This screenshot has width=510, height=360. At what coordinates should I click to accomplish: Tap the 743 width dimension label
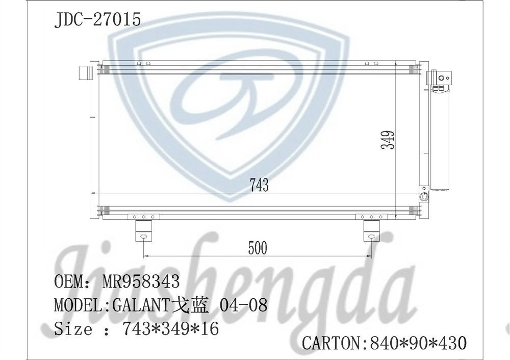[x=259, y=185]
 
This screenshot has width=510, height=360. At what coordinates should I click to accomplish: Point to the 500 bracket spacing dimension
[x=258, y=248]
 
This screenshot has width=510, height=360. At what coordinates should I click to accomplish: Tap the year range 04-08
[x=243, y=305]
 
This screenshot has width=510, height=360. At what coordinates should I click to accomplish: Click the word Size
[x=73, y=329]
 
